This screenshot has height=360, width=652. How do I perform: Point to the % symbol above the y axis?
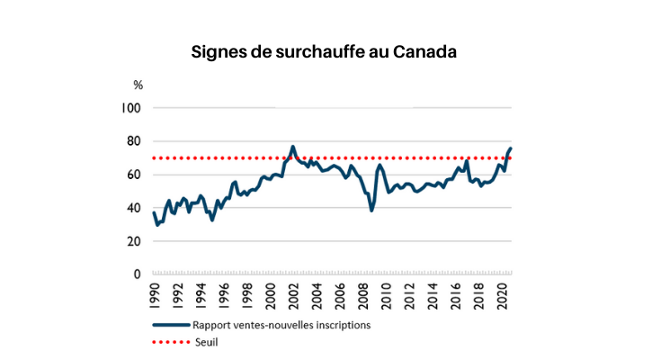point(138,85)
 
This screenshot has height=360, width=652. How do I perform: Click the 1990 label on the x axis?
point(155,294)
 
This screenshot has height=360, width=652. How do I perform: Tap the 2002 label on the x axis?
point(294,294)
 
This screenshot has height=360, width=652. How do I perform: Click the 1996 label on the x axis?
point(225,294)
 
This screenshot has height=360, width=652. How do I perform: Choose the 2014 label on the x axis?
point(433,294)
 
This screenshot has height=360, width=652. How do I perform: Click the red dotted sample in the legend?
point(170,342)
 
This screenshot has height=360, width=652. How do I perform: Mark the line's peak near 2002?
point(293,147)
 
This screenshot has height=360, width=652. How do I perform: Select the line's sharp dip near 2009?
point(371,210)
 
